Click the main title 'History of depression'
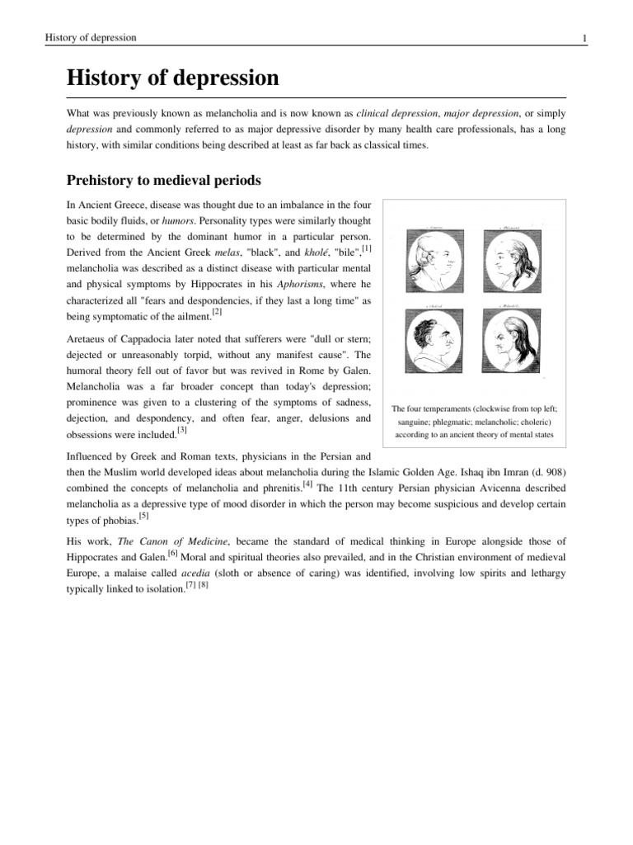click(172, 79)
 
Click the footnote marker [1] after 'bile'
click(366, 248)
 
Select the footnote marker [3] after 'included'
click(182, 430)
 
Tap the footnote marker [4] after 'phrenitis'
click(307, 484)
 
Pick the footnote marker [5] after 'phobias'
click(143, 516)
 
